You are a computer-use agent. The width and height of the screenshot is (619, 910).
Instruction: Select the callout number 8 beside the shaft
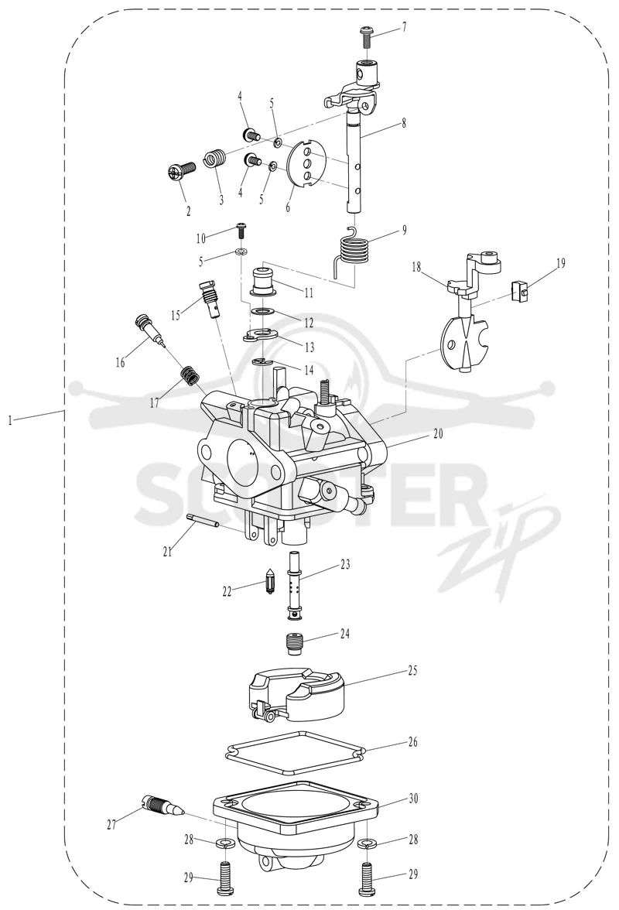[404, 123]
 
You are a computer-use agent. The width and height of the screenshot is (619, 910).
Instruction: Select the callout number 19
[560, 263]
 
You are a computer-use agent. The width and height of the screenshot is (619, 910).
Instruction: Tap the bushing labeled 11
[263, 282]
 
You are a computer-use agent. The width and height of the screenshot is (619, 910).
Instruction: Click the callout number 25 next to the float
[412, 672]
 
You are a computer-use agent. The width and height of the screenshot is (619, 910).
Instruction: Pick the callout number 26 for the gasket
[412, 741]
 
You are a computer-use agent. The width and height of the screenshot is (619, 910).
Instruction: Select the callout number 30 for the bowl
[414, 799]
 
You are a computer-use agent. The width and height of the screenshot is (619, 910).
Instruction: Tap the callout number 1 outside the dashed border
[10, 419]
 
